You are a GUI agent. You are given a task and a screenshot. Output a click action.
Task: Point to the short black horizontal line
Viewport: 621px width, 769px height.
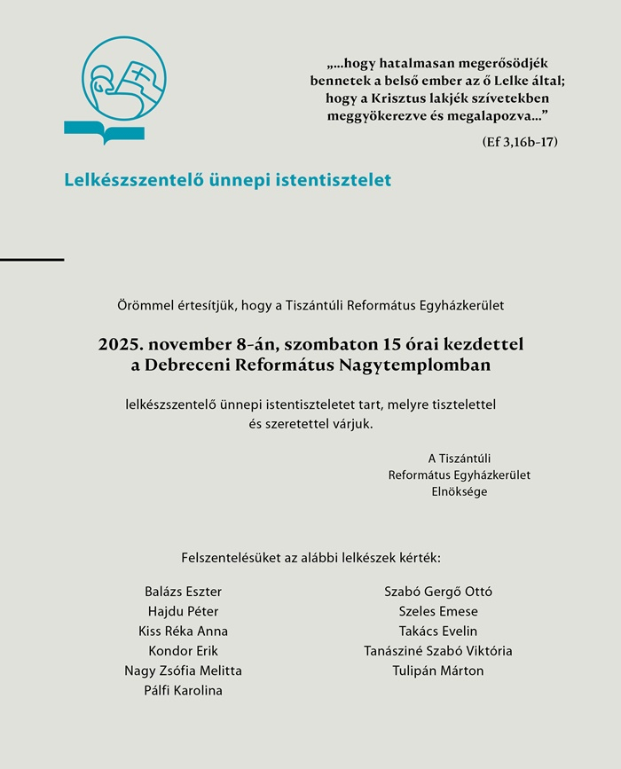point(32,259)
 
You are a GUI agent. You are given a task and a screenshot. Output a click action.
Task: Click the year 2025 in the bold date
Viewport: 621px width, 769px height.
point(120,343)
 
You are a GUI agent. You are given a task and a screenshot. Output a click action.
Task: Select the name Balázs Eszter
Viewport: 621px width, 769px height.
point(183,592)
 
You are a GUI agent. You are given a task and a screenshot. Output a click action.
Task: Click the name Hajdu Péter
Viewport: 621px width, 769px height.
point(183,611)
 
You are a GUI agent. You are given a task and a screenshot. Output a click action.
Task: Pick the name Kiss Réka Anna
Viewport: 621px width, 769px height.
point(183,632)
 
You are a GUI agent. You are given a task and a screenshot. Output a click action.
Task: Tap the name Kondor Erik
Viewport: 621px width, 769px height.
point(183,651)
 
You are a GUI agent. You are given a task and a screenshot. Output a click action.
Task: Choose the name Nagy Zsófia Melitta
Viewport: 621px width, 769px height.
point(183,671)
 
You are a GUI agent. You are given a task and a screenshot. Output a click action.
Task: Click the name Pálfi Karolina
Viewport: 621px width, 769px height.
point(183,691)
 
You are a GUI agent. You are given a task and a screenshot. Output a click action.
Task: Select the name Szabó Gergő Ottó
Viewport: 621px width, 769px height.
point(438,592)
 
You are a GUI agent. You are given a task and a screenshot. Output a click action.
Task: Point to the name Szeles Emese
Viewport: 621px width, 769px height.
point(438,611)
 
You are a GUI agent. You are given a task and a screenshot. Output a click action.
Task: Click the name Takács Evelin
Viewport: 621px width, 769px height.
point(438,632)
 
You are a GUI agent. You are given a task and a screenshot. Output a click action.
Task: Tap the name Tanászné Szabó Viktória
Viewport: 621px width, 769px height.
point(438,651)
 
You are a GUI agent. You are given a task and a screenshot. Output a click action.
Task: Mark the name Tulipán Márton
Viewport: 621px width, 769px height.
point(438,671)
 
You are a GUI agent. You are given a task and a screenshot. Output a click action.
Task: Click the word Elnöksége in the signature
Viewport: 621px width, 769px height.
point(459,491)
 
